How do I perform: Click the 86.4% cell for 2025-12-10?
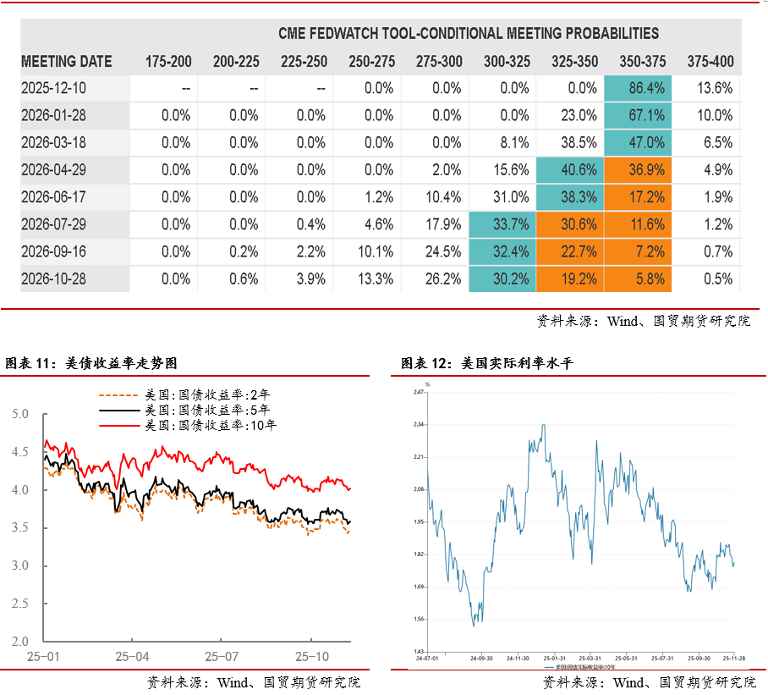pyautogui.click(x=639, y=88)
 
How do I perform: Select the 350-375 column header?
pyautogui.click(x=642, y=62)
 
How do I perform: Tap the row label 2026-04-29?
pyautogui.click(x=53, y=170)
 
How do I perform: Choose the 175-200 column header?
pyautogui.click(x=168, y=62)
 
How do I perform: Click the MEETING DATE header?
pyautogui.click(x=66, y=62)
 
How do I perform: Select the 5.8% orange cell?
pyautogui.click(x=639, y=279)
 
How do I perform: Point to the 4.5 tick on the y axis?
pyautogui.click(x=19, y=452)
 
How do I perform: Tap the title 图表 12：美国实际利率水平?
pyautogui.click(x=487, y=363)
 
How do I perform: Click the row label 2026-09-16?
pyautogui.click(x=53, y=252)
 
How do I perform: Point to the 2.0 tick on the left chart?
pyautogui.click(x=19, y=642)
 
